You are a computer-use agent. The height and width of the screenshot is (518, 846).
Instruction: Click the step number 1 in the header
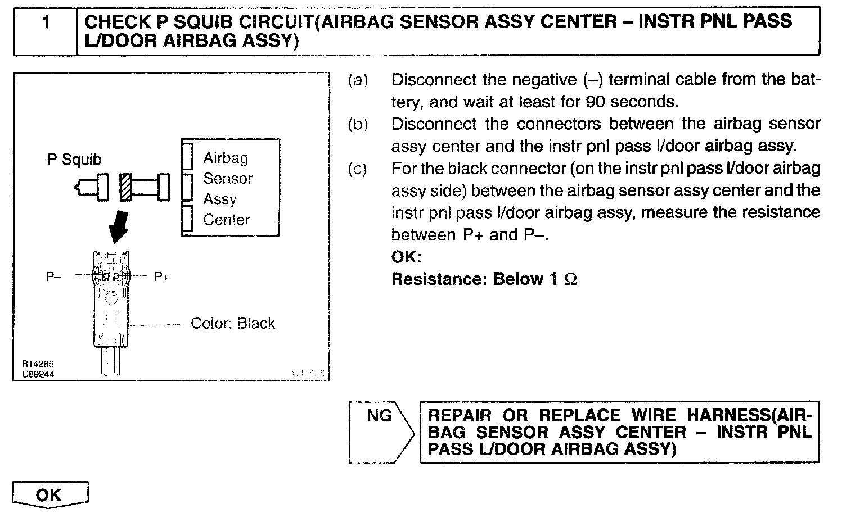46,22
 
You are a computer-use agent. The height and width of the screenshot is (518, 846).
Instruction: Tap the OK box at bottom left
49,495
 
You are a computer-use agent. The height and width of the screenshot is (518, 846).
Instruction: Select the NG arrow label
380,416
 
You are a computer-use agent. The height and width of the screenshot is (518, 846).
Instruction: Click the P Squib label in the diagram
74,160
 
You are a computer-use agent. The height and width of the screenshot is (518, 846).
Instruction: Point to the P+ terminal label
161,276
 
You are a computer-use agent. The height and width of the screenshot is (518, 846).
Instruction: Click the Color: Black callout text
233,324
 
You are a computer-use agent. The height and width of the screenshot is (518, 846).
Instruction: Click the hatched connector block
126,187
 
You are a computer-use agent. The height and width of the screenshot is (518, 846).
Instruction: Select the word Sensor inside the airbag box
228,179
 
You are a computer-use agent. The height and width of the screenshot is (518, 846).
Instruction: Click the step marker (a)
358,80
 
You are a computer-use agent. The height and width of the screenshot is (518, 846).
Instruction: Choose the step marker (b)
358,124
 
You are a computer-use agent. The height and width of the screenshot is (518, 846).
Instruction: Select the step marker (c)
358,169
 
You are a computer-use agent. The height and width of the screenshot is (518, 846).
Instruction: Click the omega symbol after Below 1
570,279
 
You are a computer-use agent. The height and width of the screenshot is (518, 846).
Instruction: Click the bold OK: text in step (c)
406,257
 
